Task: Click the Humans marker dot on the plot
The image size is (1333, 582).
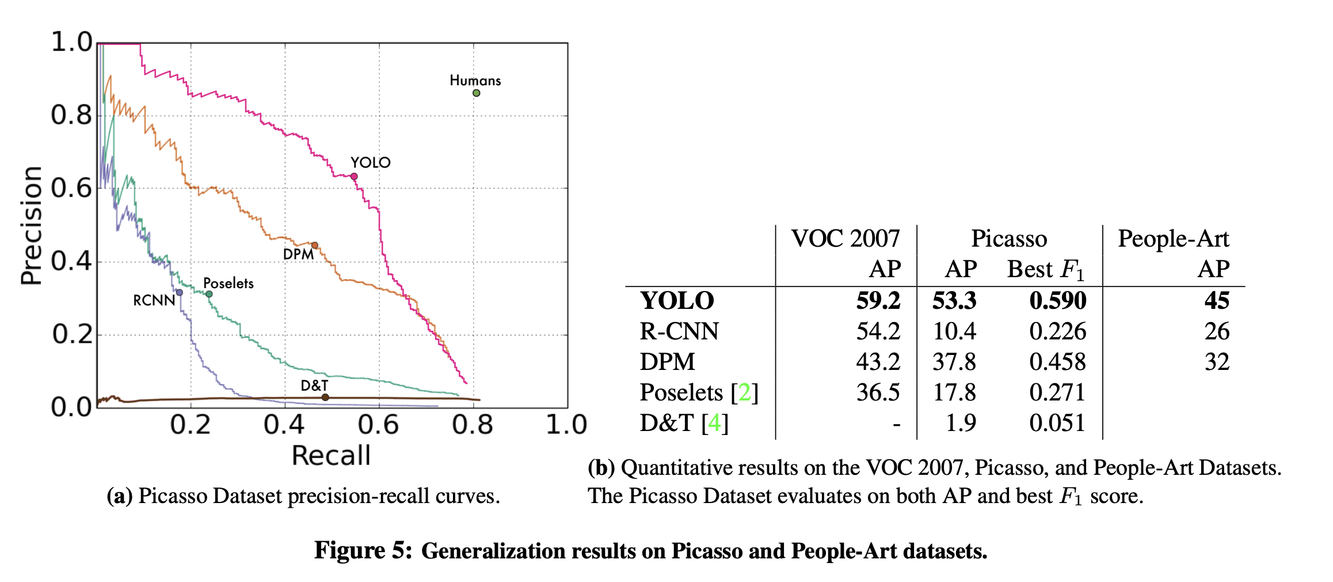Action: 477,93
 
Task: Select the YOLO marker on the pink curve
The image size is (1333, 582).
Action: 354,176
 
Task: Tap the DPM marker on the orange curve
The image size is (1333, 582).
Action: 315,245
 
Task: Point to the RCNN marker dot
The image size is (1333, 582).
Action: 180,293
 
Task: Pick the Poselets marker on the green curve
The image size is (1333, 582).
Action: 209,294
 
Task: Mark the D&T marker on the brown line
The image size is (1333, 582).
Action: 325,397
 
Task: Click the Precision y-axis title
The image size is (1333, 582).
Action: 32,225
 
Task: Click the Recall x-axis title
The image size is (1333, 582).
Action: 331,456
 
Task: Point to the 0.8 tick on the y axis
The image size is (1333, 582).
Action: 71,116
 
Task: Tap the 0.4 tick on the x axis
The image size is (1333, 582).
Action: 284,425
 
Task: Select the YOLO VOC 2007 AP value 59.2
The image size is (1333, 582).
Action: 878,301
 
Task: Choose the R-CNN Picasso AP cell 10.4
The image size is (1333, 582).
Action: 954,331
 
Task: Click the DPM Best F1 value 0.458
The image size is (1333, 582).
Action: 1057,362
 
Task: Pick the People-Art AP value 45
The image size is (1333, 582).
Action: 1217,301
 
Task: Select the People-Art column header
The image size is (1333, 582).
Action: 1173,239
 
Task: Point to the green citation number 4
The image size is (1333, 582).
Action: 714,423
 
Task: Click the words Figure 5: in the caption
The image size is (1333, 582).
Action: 363,551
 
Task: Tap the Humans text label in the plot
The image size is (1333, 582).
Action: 475,81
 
